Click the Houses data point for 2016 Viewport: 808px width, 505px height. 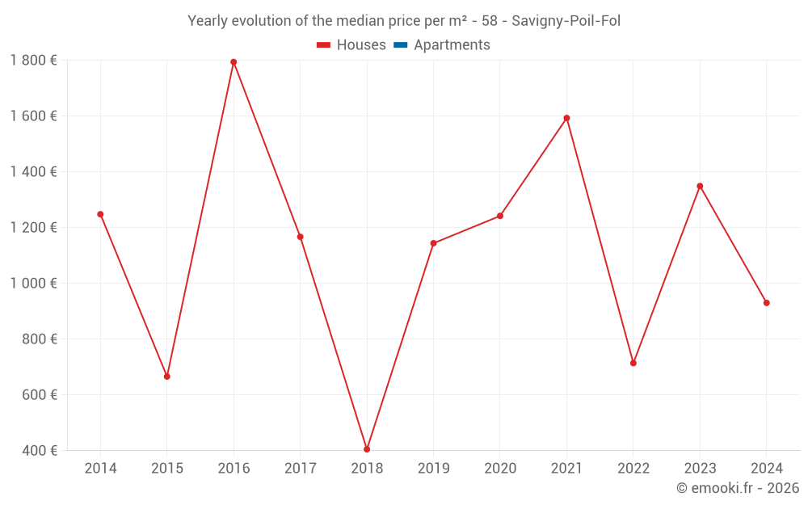tap(234, 62)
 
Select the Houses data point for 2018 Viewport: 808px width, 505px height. tap(367, 449)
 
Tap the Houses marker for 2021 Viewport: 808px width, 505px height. tap(566, 118)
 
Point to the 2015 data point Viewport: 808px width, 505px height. tap(167, 377)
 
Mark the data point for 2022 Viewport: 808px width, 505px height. tap(633, 363)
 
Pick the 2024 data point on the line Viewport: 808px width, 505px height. tap(767, 303)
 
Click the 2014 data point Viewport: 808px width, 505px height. tap(100, 214)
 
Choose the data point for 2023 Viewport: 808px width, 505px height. tap(700, 186)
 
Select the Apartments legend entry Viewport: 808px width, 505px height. tap(452, 45)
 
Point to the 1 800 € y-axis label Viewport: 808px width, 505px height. tap(33, 61)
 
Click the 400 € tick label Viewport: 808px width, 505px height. tap(38, 451)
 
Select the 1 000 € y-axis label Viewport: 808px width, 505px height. tap(33, 284)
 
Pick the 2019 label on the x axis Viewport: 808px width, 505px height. tap(433, 469)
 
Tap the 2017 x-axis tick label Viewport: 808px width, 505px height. tap(300, 469)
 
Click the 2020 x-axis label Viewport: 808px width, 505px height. tap(500, 469)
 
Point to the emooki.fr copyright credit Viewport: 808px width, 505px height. tap(738, 488)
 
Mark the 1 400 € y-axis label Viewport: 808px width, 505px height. tap(33, 172)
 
